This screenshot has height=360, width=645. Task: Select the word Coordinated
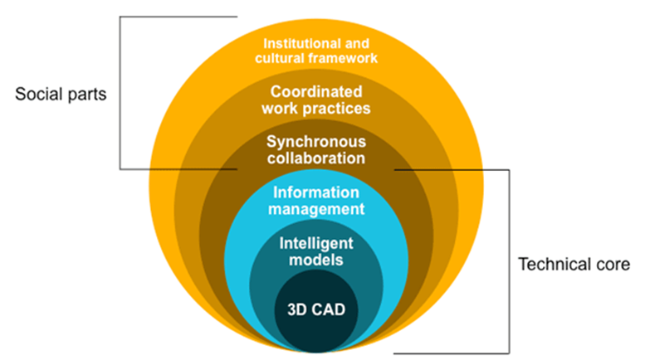[x=315, y=92]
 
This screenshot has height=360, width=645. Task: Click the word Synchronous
[x=315, y=142]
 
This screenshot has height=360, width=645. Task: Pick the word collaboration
[x=315, y=158]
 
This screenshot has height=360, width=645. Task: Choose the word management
[x=315, y=209]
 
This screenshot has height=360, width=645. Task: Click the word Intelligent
[x=315, y=244]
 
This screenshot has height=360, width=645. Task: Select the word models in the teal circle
[x=315, y=260]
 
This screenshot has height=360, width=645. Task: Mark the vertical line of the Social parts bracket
[x=120, y=91]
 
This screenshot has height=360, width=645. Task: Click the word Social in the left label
[x=36, y=94]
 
